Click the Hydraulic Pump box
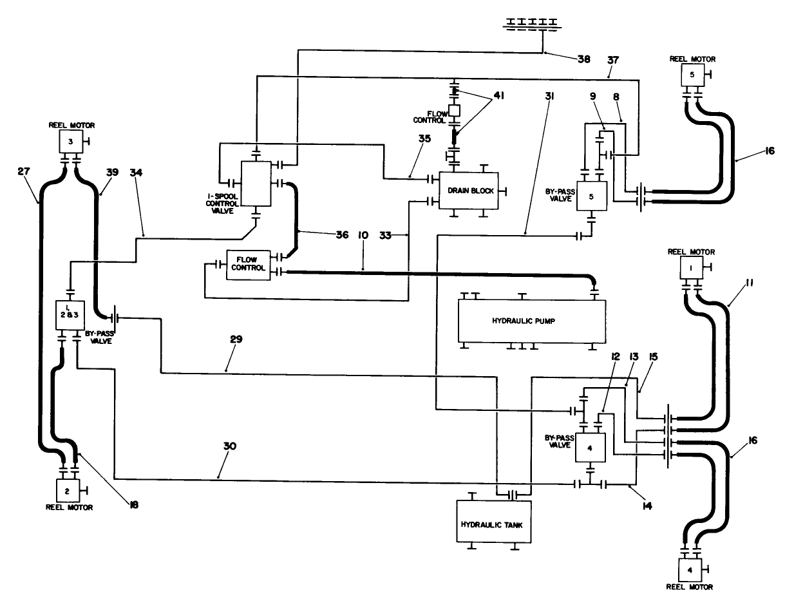(x=531, y=320)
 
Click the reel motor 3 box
(x=68, y=140)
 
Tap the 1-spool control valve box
(x=256, y=184)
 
